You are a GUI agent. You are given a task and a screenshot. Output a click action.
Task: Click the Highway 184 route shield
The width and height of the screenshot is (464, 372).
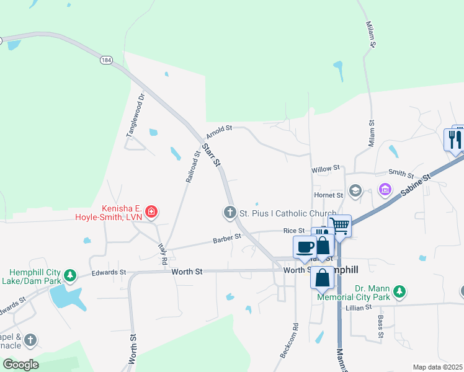pyautogui.click(x=107, y=60)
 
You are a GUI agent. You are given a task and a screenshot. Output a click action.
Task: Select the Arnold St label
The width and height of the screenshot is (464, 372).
pyautogui.click(x=219, y=131)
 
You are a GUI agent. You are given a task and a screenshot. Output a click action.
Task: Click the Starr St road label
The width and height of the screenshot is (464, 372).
pyautogui.click(x=211, y=155)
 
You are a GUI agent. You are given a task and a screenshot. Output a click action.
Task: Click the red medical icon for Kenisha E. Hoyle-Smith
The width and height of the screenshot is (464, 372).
pyautogui.click(x=151, y=213)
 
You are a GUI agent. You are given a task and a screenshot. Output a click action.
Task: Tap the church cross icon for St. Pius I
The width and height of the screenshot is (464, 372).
pyautogui.click(x=230, y=213)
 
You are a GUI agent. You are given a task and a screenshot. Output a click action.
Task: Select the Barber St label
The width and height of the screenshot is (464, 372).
pyautogui.click(x=226, y=238)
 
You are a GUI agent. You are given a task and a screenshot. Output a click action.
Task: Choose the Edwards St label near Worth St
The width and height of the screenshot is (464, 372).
pyautogui.click(x=109, y=272)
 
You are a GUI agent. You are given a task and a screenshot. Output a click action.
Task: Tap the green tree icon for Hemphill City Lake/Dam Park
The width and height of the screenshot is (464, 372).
pyautogui.click(x=71, y=274)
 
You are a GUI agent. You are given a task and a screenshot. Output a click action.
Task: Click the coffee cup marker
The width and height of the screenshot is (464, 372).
pyautogui.click(x=305, y=246)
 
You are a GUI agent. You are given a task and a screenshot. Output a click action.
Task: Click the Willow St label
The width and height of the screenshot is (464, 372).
pyautogui.click(x=326, y=168)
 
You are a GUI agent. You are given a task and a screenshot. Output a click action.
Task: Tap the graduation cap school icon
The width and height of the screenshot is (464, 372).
pyautogui.click(x=355, y=190)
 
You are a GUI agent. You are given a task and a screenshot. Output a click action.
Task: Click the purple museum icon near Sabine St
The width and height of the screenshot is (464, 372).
pyautogui.click(x=385, y=188)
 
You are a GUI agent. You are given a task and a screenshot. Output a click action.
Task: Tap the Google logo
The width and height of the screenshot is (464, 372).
pyautogui.click(x=20, y=365)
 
